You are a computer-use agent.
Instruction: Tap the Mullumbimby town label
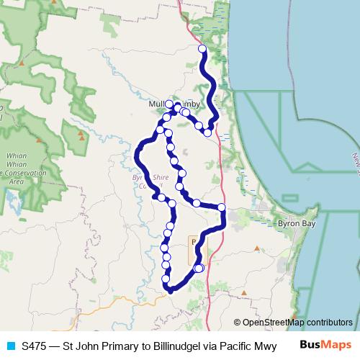(x=173, y=104)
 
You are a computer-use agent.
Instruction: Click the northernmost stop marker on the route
(x=202, y=49)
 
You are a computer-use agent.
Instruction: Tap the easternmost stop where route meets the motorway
(x=222, y=207)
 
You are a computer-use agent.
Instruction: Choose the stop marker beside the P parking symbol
(x=199, y=268)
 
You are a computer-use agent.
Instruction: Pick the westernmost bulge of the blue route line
(x=137, y=153)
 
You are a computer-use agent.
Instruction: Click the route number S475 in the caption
(x=35, y=346)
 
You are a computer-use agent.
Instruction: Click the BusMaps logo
(x=325, y=345)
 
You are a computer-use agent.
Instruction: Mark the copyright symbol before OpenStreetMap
(x=237, y=322)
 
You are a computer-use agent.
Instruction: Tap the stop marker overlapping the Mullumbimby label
(x=169, y=104)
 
